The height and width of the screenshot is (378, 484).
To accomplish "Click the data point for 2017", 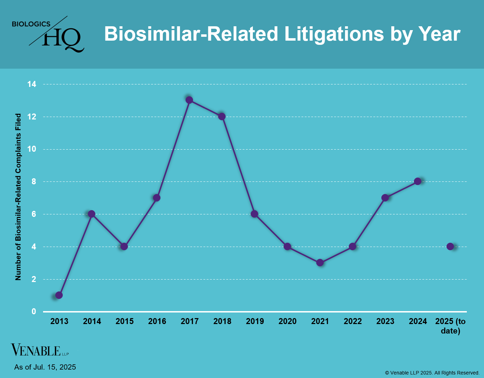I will point(189,100).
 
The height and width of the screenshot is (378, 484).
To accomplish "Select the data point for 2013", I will point(59,295).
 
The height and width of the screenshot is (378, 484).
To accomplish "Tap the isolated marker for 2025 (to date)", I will point(450,246).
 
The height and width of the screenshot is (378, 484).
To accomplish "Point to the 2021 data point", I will point(320,262).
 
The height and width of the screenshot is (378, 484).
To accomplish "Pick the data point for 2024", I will point(417,181).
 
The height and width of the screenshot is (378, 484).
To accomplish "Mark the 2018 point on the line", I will point(222,116).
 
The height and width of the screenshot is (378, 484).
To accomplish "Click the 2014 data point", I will point(91,214).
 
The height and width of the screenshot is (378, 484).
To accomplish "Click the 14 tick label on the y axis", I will point(32,84).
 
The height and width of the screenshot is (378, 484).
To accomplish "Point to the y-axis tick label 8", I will point(34,181).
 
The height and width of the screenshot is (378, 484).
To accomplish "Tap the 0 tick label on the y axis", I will point(34,311).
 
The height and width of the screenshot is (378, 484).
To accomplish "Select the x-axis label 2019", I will point(255,321).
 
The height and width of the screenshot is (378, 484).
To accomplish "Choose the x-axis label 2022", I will point(353,321).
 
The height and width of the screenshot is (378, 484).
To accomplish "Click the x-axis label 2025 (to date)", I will point(450,326).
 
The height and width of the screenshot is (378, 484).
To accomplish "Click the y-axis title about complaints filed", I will point(18,197).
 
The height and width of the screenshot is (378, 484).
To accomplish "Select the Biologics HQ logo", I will point(48,34).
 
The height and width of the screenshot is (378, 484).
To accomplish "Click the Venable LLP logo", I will point(40,350).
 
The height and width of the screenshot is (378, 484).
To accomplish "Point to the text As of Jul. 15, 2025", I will point(45,367).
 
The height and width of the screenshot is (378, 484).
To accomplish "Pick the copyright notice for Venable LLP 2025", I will point(432,373).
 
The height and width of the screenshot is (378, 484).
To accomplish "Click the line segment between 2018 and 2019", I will point(238,165).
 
